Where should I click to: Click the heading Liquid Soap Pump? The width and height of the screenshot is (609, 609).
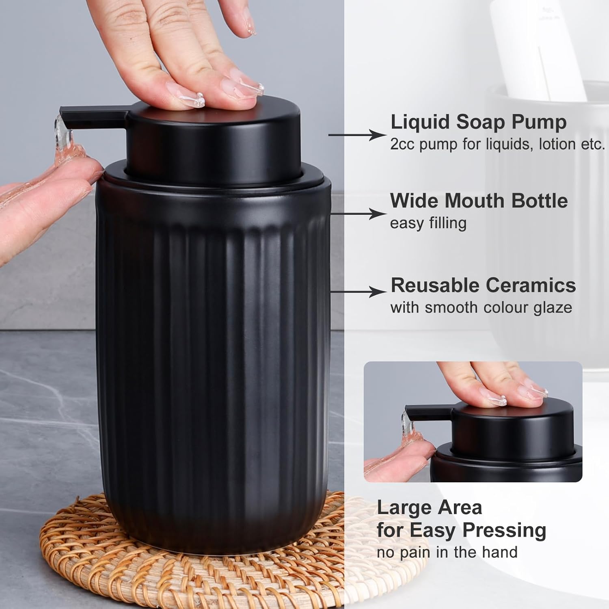coord(478,122)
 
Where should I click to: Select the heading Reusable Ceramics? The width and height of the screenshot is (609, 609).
coord(483,285)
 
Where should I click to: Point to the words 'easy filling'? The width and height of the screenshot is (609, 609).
coord(428,223)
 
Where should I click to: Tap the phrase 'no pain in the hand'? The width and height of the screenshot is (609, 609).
coord(447,553)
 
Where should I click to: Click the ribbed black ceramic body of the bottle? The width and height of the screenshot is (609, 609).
coord(211,345)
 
